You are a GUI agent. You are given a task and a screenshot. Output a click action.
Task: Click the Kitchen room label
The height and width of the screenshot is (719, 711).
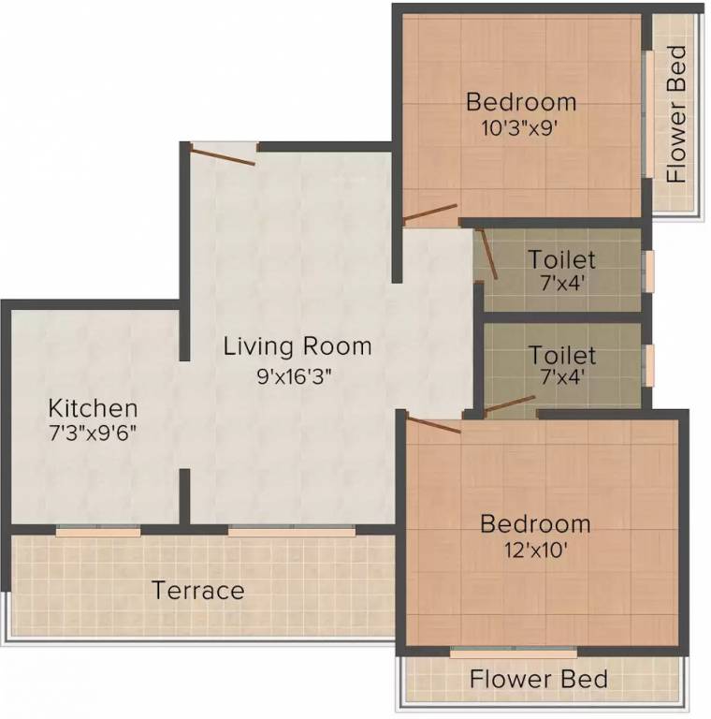[x=94, y=408]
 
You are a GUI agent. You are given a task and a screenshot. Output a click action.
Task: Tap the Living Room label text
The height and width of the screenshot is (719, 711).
[x=297, y=346]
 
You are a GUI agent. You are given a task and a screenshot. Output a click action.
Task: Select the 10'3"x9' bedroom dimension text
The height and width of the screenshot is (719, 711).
[x=520, y=128]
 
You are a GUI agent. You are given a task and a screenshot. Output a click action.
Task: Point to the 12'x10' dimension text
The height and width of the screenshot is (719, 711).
[x=535, y=549]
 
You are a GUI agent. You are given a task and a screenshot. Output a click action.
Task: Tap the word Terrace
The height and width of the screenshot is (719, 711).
[x=198, y=591]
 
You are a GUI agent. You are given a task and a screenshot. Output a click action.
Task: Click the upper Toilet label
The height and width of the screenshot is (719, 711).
[x=561, y=258]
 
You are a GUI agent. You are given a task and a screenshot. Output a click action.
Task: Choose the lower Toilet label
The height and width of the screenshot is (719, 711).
[x=561, y=356]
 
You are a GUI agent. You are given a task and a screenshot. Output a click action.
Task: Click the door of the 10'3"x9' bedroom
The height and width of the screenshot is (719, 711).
[x=429, y=214]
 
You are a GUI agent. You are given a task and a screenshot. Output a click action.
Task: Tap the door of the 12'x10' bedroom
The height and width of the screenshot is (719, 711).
[x=433, y=424]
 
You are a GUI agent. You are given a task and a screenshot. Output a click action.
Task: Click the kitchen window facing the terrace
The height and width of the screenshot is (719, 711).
[x=98, y=531]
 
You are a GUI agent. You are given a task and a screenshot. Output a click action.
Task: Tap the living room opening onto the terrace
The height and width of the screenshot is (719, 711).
[x=293, y=531]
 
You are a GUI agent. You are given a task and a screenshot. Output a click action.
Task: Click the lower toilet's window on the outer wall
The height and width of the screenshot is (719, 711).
[x=648, y=361]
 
